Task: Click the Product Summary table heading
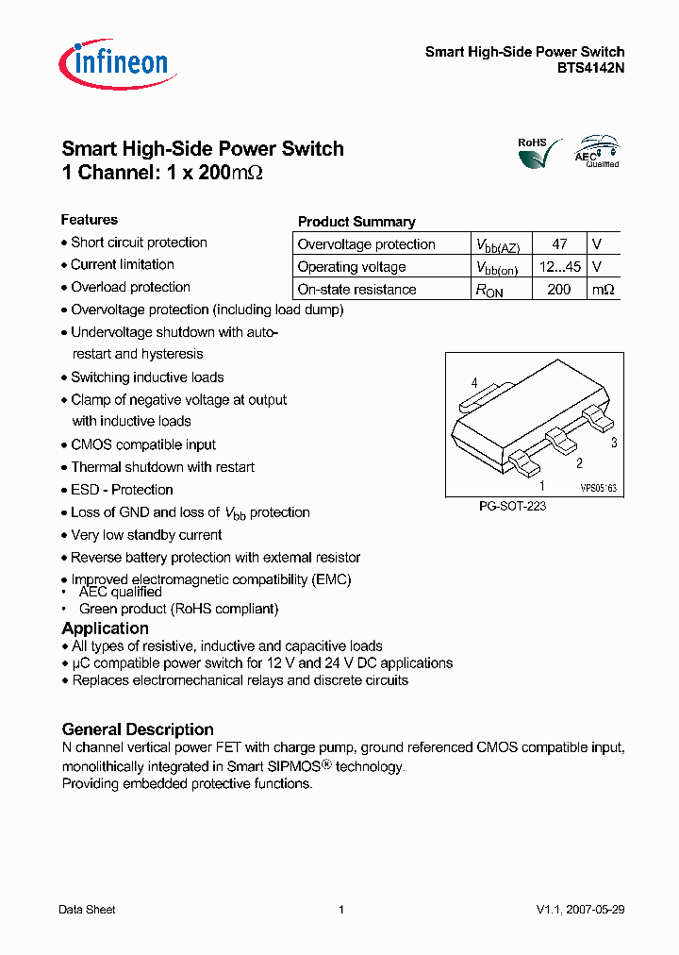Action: tap(356, 222)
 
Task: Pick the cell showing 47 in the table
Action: tap(559, 244)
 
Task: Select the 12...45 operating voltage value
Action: tap(559, 267)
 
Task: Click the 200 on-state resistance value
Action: tap(559, 290)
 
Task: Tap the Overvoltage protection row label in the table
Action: tap(366, 244)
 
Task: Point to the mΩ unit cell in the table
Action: tap(604, 290)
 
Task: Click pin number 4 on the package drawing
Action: tap(474, 382)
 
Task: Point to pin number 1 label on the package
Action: tap(542, 486)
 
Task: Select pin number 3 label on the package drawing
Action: tap(614, 442)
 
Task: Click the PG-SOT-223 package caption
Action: tap(513, 507)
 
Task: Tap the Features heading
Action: tap(90, 220)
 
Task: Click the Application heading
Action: tap(106, 628)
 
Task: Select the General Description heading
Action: tap(138, 729)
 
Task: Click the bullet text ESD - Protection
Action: tap(122, 490)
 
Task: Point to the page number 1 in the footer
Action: tap(340, 910)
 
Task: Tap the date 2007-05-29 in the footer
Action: tap(595, 910)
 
